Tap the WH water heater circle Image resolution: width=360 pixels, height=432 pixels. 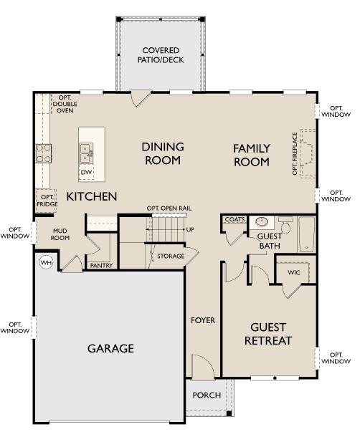tap(47, 262)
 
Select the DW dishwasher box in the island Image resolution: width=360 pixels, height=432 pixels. tap(87, 173)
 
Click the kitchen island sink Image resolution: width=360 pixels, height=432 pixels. tap(87, 151)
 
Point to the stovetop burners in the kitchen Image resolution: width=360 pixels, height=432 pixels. tap(44, 153)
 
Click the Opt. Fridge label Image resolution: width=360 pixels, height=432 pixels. tap(47, 201)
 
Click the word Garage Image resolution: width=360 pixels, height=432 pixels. tap(110, 348)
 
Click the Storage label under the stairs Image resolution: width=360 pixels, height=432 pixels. tap(171, 256)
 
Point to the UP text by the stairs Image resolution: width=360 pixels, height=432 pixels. tap(190, 229)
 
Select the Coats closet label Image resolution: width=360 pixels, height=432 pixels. tap(235, 220)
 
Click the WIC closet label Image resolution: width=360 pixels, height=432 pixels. tap(294, 272)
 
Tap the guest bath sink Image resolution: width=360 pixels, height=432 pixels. tap(262, 222)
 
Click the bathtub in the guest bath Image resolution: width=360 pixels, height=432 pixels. tap(307, 235)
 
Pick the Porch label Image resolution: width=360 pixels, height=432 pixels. tap(206, 395)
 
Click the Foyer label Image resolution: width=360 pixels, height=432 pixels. tap(202, 320)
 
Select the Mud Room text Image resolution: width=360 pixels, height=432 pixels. tap(60, 234)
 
